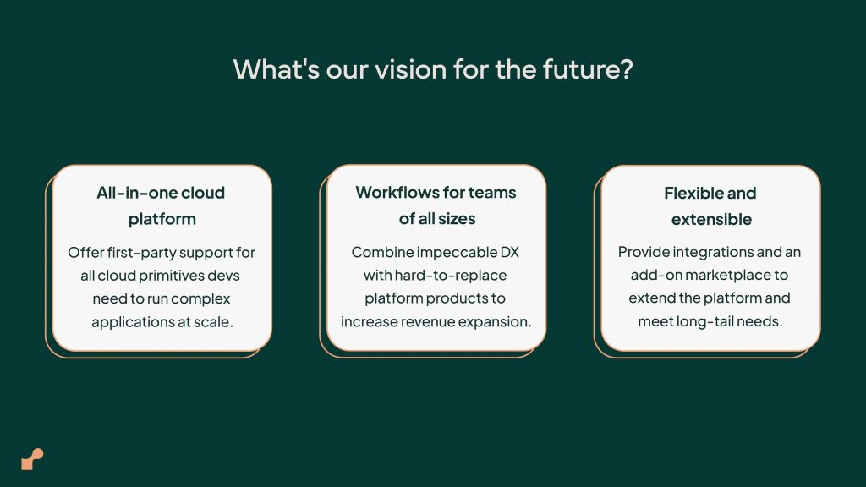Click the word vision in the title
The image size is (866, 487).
(x=410, y=69)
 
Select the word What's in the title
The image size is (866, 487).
(x=277, y=69)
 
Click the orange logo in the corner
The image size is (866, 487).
(x=32, y=459)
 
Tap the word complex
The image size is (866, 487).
(x=200, y=298)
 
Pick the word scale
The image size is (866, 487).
(x=212, y=321)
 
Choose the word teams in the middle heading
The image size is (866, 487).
(x=493, y=192)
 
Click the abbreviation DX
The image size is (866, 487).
(x=510, y=252)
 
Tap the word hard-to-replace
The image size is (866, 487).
(x=451, y=275)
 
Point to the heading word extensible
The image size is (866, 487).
(x=711, y=219)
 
